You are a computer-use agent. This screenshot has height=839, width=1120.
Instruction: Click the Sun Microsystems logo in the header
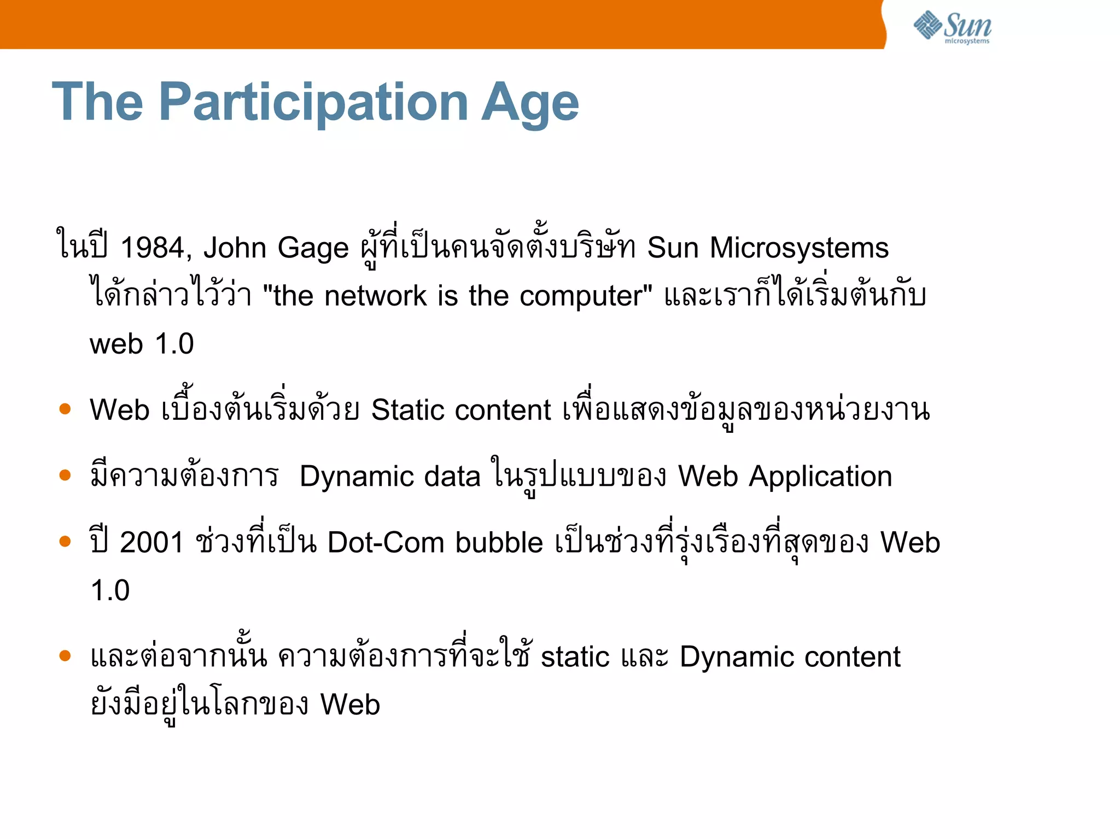952,27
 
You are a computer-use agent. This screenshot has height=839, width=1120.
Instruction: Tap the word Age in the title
529,104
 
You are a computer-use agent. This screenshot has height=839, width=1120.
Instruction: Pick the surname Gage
313,249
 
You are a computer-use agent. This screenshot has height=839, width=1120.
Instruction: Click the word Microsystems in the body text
799,249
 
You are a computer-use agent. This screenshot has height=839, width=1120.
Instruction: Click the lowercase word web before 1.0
116,344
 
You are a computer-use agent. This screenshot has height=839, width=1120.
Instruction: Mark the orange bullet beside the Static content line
65,409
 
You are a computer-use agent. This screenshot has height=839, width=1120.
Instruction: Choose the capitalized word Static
406,410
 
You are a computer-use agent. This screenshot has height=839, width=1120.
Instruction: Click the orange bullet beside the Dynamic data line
65,475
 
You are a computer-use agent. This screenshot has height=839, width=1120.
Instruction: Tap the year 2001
151,543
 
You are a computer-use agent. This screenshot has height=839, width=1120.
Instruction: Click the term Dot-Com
386,543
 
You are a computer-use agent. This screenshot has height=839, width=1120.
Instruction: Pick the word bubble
499,543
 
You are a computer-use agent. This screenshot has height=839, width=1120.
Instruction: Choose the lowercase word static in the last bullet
575,657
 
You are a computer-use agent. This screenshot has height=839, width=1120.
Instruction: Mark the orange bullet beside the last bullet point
65,655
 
